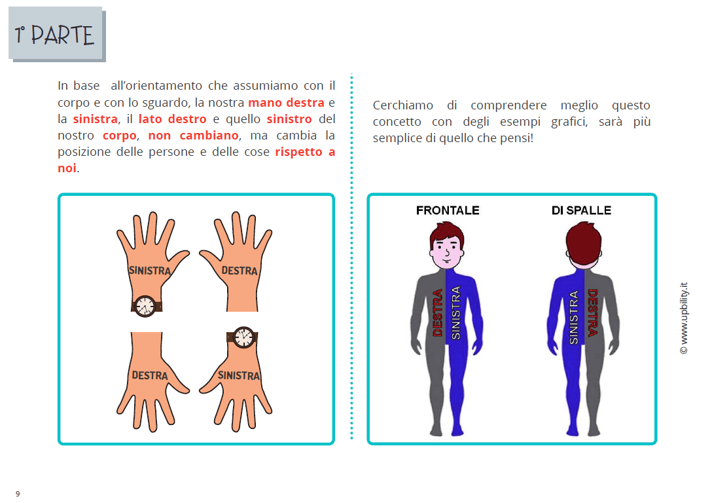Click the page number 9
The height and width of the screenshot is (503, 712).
pos(18,494)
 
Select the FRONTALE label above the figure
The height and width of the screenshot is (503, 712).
pos(448,210)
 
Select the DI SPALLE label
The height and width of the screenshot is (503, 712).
pos(581,210)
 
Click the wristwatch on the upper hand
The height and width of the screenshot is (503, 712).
pos(145,305)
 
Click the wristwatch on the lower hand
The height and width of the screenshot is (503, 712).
pos(243,337)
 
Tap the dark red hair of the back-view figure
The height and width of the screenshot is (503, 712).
pos(582,240)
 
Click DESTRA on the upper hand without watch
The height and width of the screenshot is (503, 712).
pos(240,270)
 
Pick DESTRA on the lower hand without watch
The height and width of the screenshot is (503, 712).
pos(150,375)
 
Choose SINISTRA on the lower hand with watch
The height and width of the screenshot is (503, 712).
pos(238,375)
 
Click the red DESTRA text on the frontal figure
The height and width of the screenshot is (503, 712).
pos(438,313)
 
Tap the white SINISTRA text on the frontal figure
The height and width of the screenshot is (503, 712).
pos(456,312)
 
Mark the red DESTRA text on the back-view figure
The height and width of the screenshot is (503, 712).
pos(592,313)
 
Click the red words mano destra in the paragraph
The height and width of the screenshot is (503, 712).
pos(286,103)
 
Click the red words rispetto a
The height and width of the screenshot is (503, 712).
pos(305,152)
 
